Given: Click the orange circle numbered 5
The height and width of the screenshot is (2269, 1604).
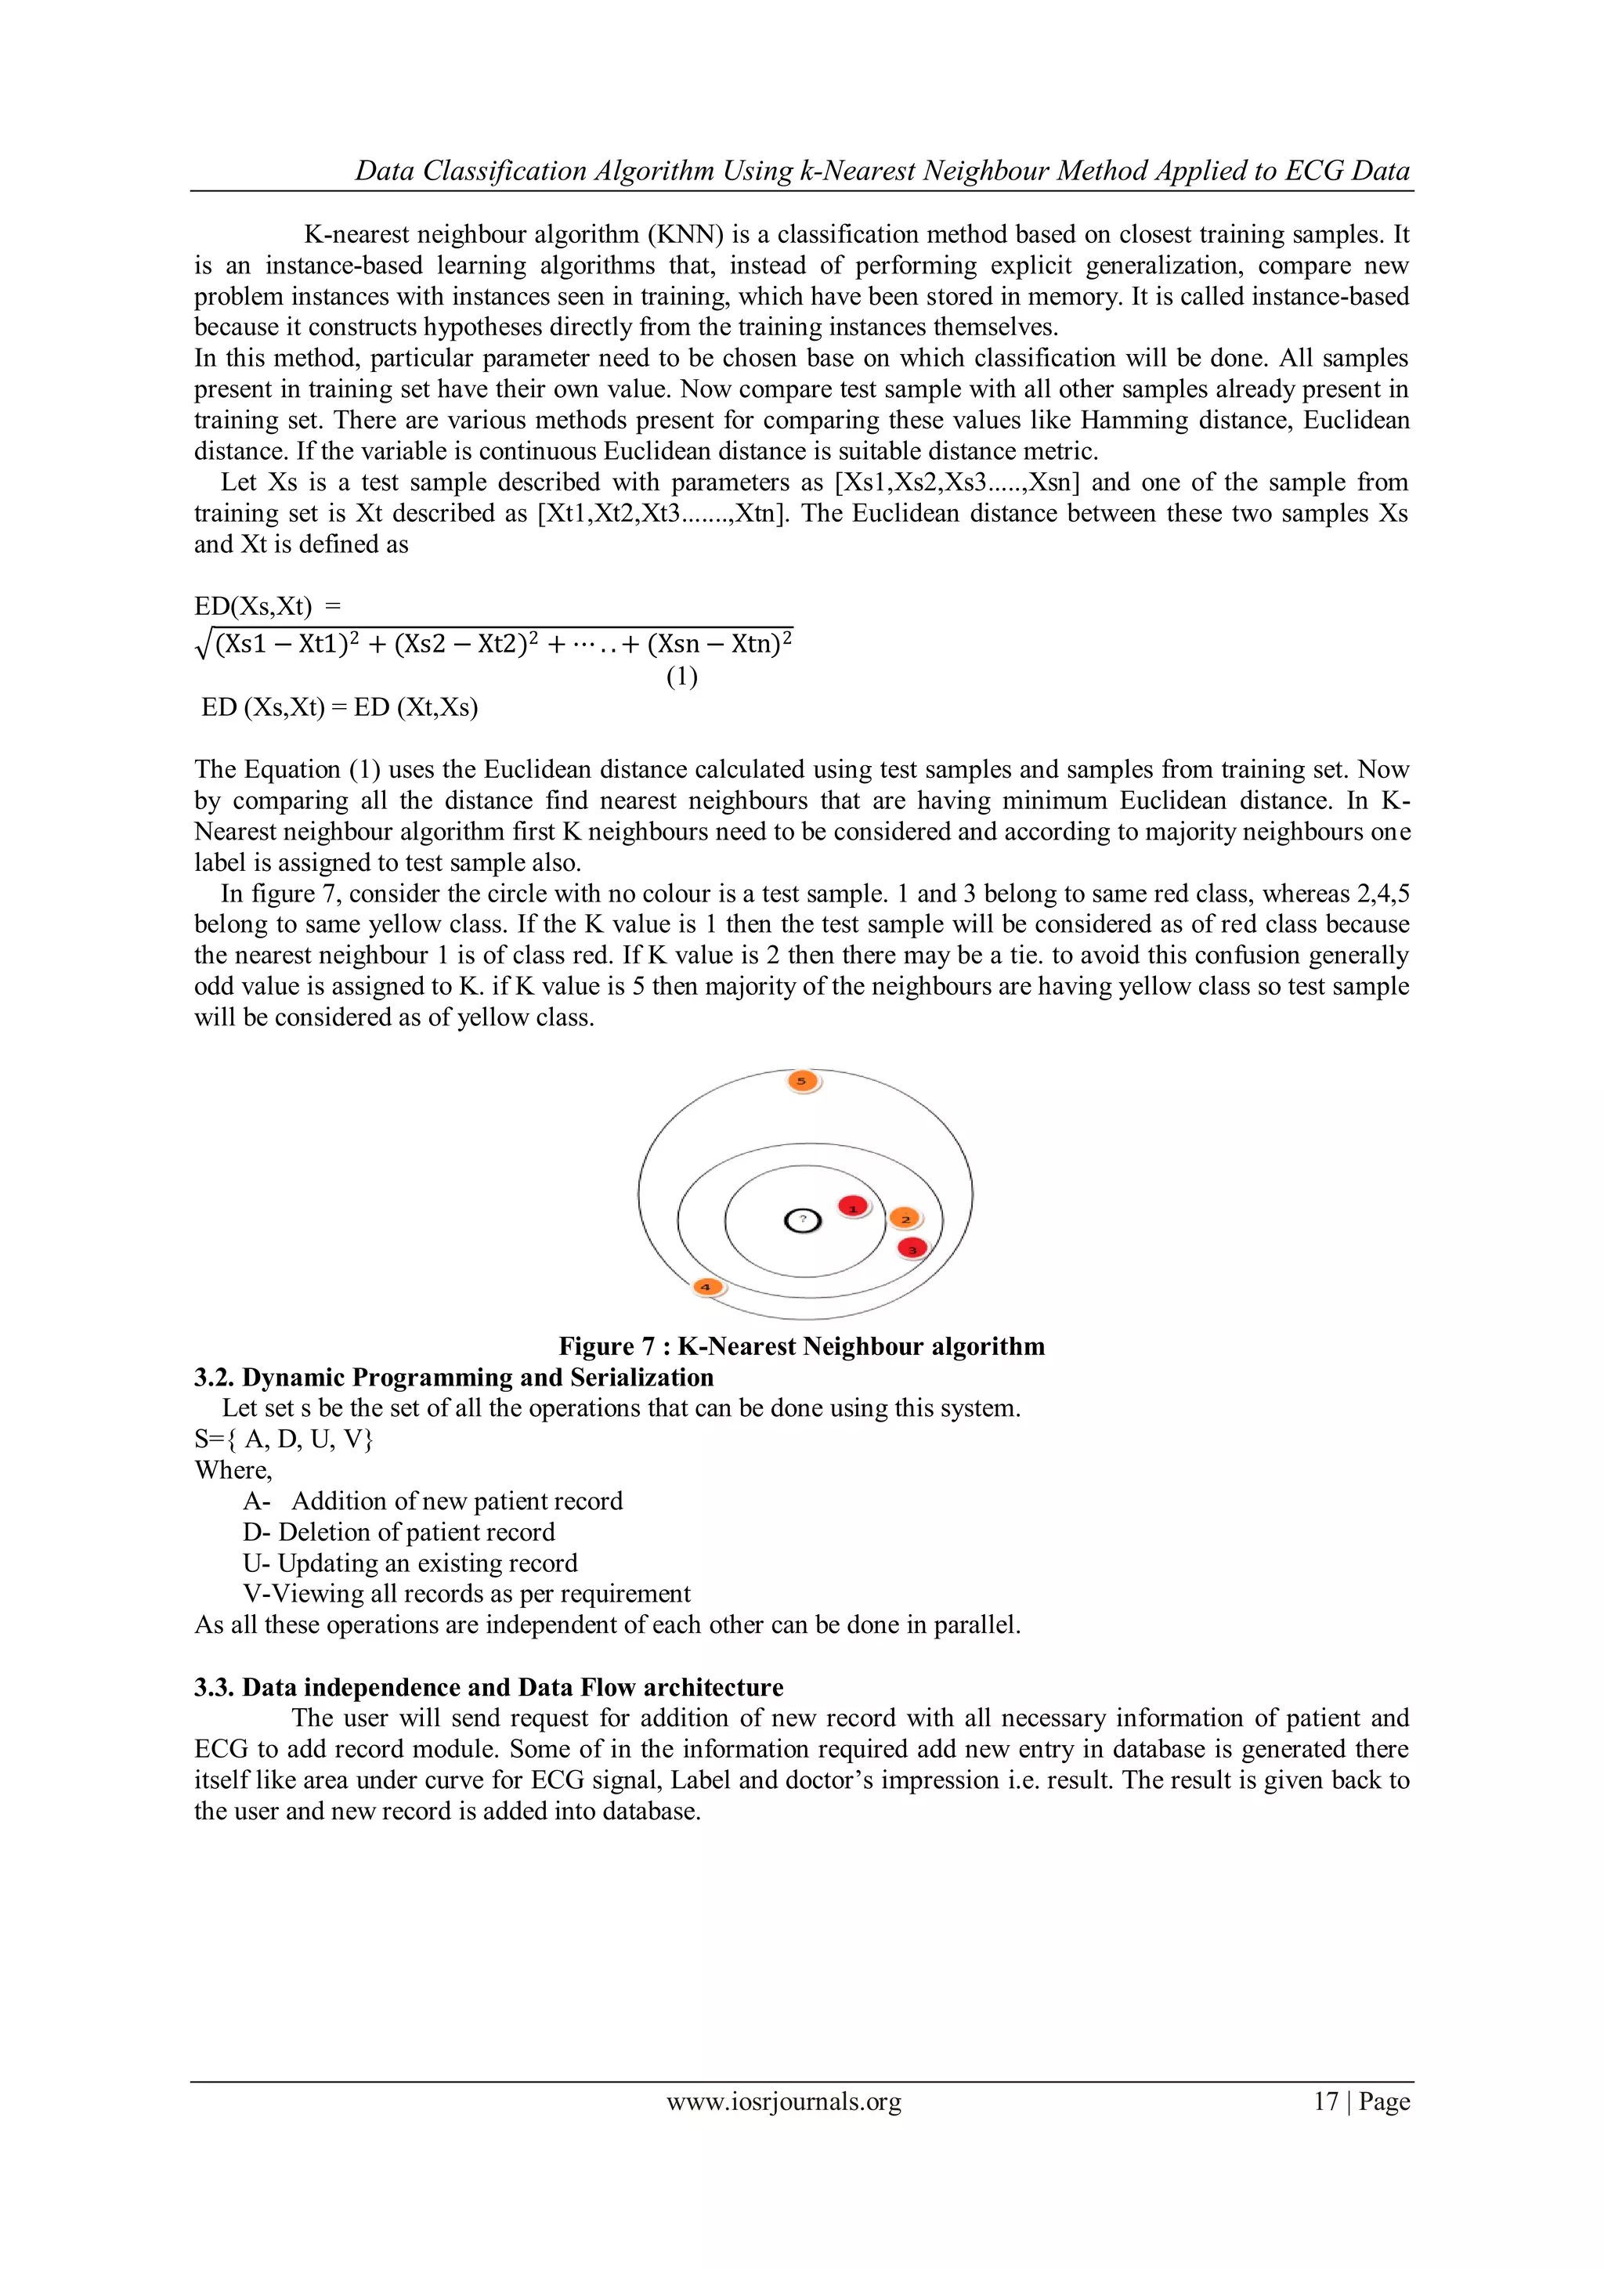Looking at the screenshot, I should click(803, 1081).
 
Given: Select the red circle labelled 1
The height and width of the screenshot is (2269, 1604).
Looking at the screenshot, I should click(853, 1207).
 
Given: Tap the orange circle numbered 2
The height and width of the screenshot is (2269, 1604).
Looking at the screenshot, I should click(905, 1219).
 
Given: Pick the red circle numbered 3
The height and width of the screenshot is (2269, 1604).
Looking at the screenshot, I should click(912, 1248).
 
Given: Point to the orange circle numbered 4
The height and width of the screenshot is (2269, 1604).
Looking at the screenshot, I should click(706, 1286).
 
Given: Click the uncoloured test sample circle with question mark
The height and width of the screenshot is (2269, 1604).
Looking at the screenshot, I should click(803, 1222).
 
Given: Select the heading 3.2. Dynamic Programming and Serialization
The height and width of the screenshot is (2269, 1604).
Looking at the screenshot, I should click(453, 1378).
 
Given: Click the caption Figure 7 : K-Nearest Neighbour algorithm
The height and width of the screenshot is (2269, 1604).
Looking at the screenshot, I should click(801, 1346).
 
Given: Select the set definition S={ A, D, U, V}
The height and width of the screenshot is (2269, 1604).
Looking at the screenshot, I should click(284, 1439).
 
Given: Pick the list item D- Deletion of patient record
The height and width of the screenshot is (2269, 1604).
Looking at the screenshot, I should click(399, 1532).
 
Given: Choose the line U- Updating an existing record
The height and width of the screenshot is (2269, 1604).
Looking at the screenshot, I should click(410, 1563).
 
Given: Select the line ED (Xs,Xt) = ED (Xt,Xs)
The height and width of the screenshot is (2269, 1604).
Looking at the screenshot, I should click(339, 707).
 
